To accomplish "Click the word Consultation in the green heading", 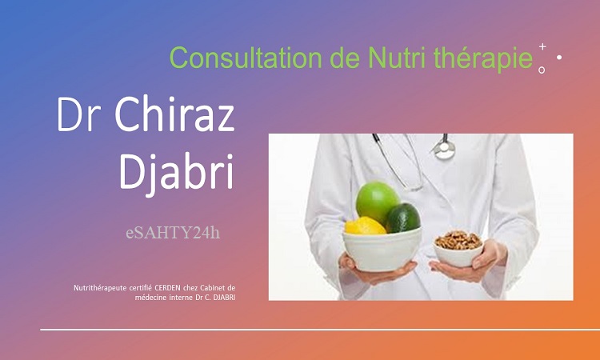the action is pos(246,58).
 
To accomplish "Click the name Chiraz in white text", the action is pos(174,114).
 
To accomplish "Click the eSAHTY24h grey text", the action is pos(173,232).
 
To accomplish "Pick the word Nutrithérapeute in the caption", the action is pos(100,288).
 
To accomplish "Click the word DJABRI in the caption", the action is pos(225,298).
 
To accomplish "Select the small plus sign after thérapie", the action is pos(542,46).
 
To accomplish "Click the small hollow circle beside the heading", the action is pos(542,70).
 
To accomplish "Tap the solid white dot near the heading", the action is pos(559,58).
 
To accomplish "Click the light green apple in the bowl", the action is pos(377,202).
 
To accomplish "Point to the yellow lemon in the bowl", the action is pos(365,226).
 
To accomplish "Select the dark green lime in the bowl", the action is pos(403,218).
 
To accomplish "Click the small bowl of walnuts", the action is pos(458,249).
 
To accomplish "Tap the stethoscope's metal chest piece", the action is pos(444,150).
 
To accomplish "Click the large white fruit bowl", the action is pos(382,250).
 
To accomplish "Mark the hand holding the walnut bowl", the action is pos(474,263).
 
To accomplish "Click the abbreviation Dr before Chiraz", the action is pos(79,114).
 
